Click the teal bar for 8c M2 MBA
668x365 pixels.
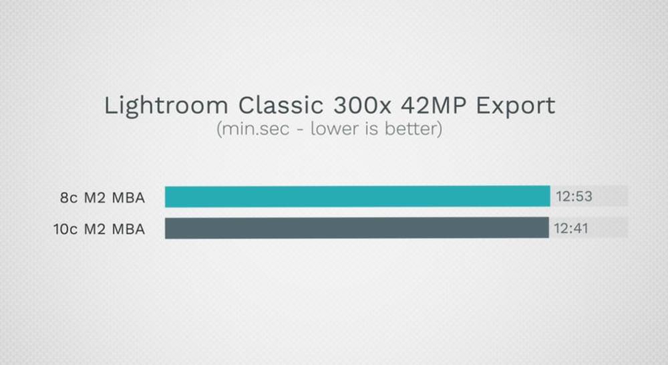point(357,197)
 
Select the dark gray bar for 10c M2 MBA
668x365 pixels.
point(357,228)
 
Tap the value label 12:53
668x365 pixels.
point(574,197)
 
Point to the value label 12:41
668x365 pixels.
point(571,229)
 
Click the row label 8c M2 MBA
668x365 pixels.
point(102,198)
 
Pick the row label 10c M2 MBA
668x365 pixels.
point(100,229)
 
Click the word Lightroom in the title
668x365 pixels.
point(166,106)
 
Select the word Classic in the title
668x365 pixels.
point(281,105)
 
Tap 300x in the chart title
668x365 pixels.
point(362,105)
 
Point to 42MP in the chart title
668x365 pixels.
point(434,105)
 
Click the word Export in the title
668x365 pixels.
point(516,106)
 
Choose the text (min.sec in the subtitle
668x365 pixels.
point(253,129)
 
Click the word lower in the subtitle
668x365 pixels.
point(333,129)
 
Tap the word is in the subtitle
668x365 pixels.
point(371,129)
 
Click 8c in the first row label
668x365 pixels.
point(69,198)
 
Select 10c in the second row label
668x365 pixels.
point(65,229)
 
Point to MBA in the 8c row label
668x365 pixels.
point(128,198)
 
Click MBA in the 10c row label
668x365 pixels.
point(128,229)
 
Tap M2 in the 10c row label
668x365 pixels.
point(95,229)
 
